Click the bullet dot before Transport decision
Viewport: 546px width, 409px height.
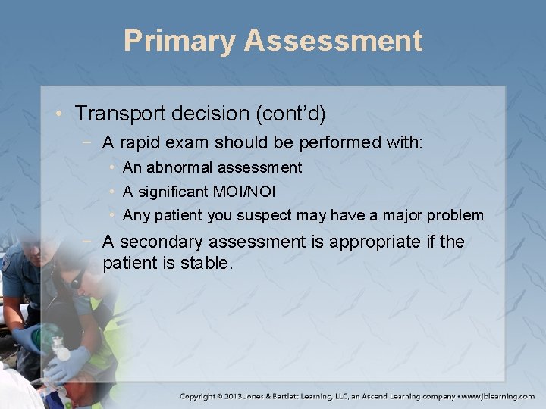point(60,114)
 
